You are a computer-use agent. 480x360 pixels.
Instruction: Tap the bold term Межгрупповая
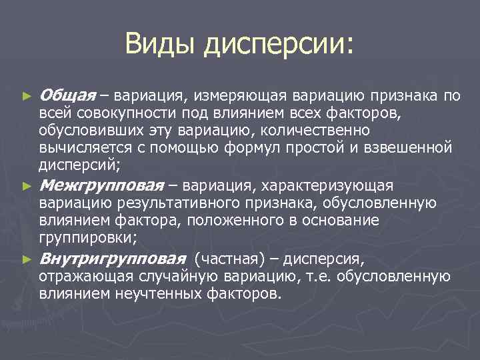102,185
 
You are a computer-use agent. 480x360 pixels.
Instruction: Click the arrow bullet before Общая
26,97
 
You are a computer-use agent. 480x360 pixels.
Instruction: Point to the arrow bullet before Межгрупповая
26,185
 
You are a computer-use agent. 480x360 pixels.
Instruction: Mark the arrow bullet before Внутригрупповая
26,259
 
